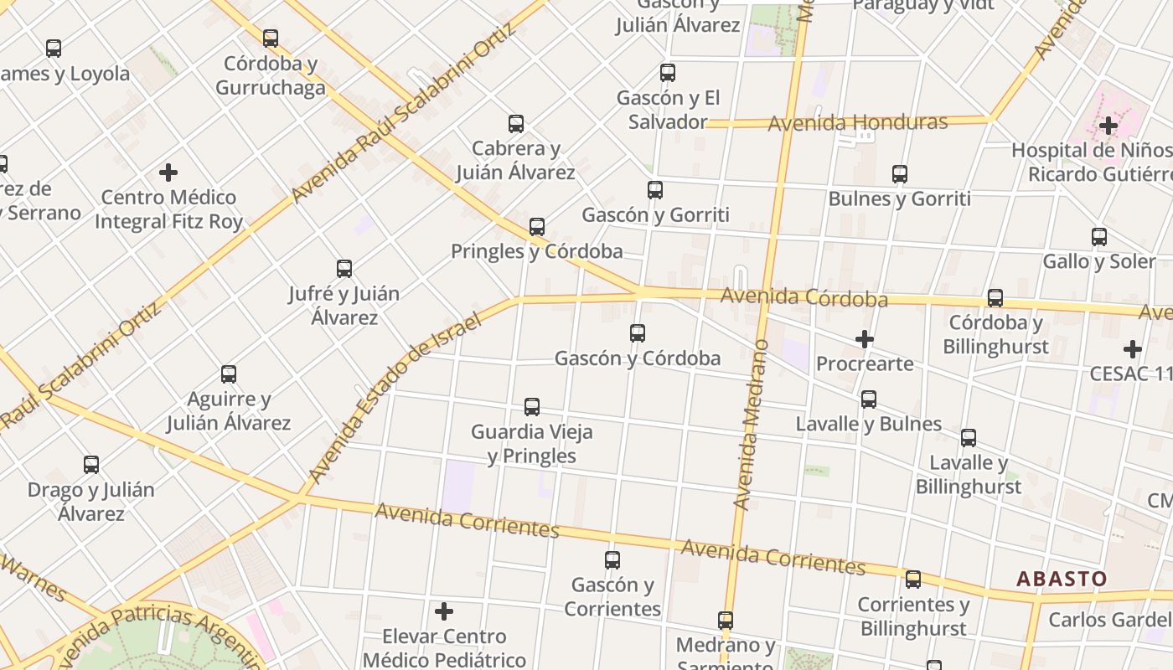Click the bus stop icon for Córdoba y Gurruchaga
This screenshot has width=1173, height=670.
tap(270, 39)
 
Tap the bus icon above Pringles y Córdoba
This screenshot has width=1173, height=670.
tap(537, 226)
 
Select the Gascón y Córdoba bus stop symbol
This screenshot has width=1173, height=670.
tap(638, 333)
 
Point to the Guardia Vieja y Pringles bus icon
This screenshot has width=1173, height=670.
tap(532, 407)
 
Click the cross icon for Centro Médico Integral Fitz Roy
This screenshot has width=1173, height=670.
tap(168, 173)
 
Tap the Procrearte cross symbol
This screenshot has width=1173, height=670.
tap(865, 339)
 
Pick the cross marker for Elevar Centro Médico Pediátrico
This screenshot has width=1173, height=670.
tap(444, 611)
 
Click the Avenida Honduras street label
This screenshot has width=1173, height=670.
tap(857, 123)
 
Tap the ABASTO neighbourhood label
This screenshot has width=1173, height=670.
tap(1062, 579)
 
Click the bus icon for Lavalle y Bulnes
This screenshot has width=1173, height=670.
tap(869, 399)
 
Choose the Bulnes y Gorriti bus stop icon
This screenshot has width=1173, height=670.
tap(900, 174)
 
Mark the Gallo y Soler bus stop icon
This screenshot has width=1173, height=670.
tap(1099, 237)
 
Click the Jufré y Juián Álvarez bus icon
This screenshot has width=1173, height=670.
tap(344, 269)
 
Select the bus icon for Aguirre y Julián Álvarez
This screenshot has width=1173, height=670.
tap(229, 374)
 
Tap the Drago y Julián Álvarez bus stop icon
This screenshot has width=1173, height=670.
tap(91, 465)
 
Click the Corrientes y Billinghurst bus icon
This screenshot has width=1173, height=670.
tap(913, 580)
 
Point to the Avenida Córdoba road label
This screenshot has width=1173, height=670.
tap(804, 297)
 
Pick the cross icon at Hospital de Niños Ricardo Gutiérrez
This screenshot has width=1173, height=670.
tap(1108, 126)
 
